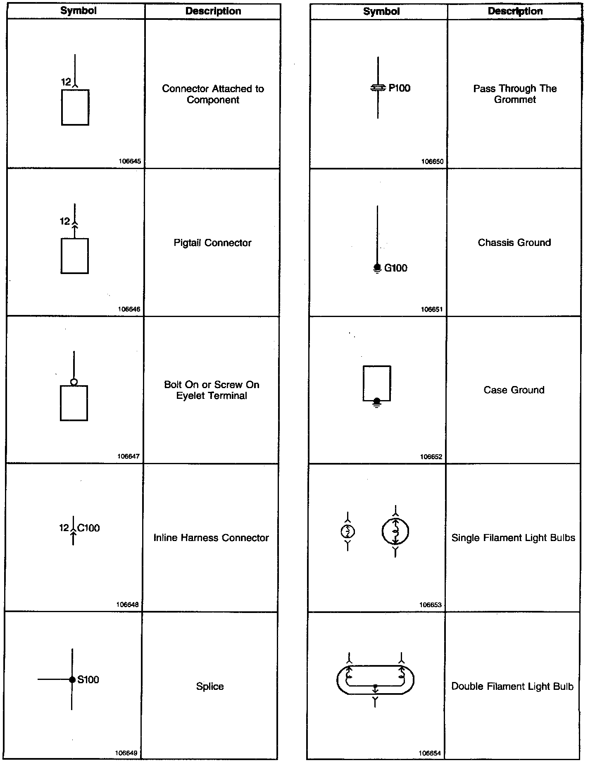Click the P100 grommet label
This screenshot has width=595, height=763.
tap(399, 88)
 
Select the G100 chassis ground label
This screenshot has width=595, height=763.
tap(395, 268)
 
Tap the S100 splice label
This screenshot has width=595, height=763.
tap(88, 680)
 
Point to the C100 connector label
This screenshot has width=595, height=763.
tap(88, 528)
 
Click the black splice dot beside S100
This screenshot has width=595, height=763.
tap(72, 680)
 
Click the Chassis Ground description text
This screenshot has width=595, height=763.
tap(514, 243)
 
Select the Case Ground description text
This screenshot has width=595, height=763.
tap(514, 390)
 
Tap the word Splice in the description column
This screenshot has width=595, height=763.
tap(210, 687)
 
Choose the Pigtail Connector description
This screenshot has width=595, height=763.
tap(212, 243)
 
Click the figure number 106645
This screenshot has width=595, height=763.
tap(130, 162)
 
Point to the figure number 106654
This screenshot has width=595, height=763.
tap(430, 753)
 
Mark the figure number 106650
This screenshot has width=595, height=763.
tap(432, 162)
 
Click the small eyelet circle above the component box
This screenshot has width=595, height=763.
tap(74, 382)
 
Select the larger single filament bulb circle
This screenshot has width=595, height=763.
tap(395, 532)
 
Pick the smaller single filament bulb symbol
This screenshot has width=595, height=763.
tap(348, 532)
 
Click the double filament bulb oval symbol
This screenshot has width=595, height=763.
tap(375, 680)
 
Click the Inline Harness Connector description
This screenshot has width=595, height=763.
tap(211, 538)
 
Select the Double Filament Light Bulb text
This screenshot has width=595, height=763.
tap(512, 687)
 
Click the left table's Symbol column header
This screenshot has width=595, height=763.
tap(79, 11)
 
